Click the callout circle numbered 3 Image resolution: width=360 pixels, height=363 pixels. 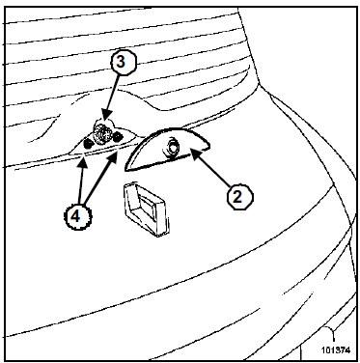pyautogui.click(x=121, y=62)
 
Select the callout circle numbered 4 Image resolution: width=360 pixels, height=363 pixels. pyautogui.click(x=75, y=216)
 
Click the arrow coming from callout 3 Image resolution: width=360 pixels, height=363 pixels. pyautogui.click(x=113, y=98)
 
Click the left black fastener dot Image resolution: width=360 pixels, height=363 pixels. pyautogui.click(x=88, y=144)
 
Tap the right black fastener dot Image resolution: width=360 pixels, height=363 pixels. pyautogui.click(x=118, y=137)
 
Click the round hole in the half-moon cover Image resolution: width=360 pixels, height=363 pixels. pyautogui.click(x=173, y=148)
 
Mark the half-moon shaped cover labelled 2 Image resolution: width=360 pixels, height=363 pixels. pyautogui.click(x=167, y=149)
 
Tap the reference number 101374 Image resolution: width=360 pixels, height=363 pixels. pyautogui.click(x=336, y=350)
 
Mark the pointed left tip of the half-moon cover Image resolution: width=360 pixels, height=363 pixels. pyautogui.click(x=125, y=169)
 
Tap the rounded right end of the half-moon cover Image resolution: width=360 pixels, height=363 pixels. pyautogui.click(x=208, y=146)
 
